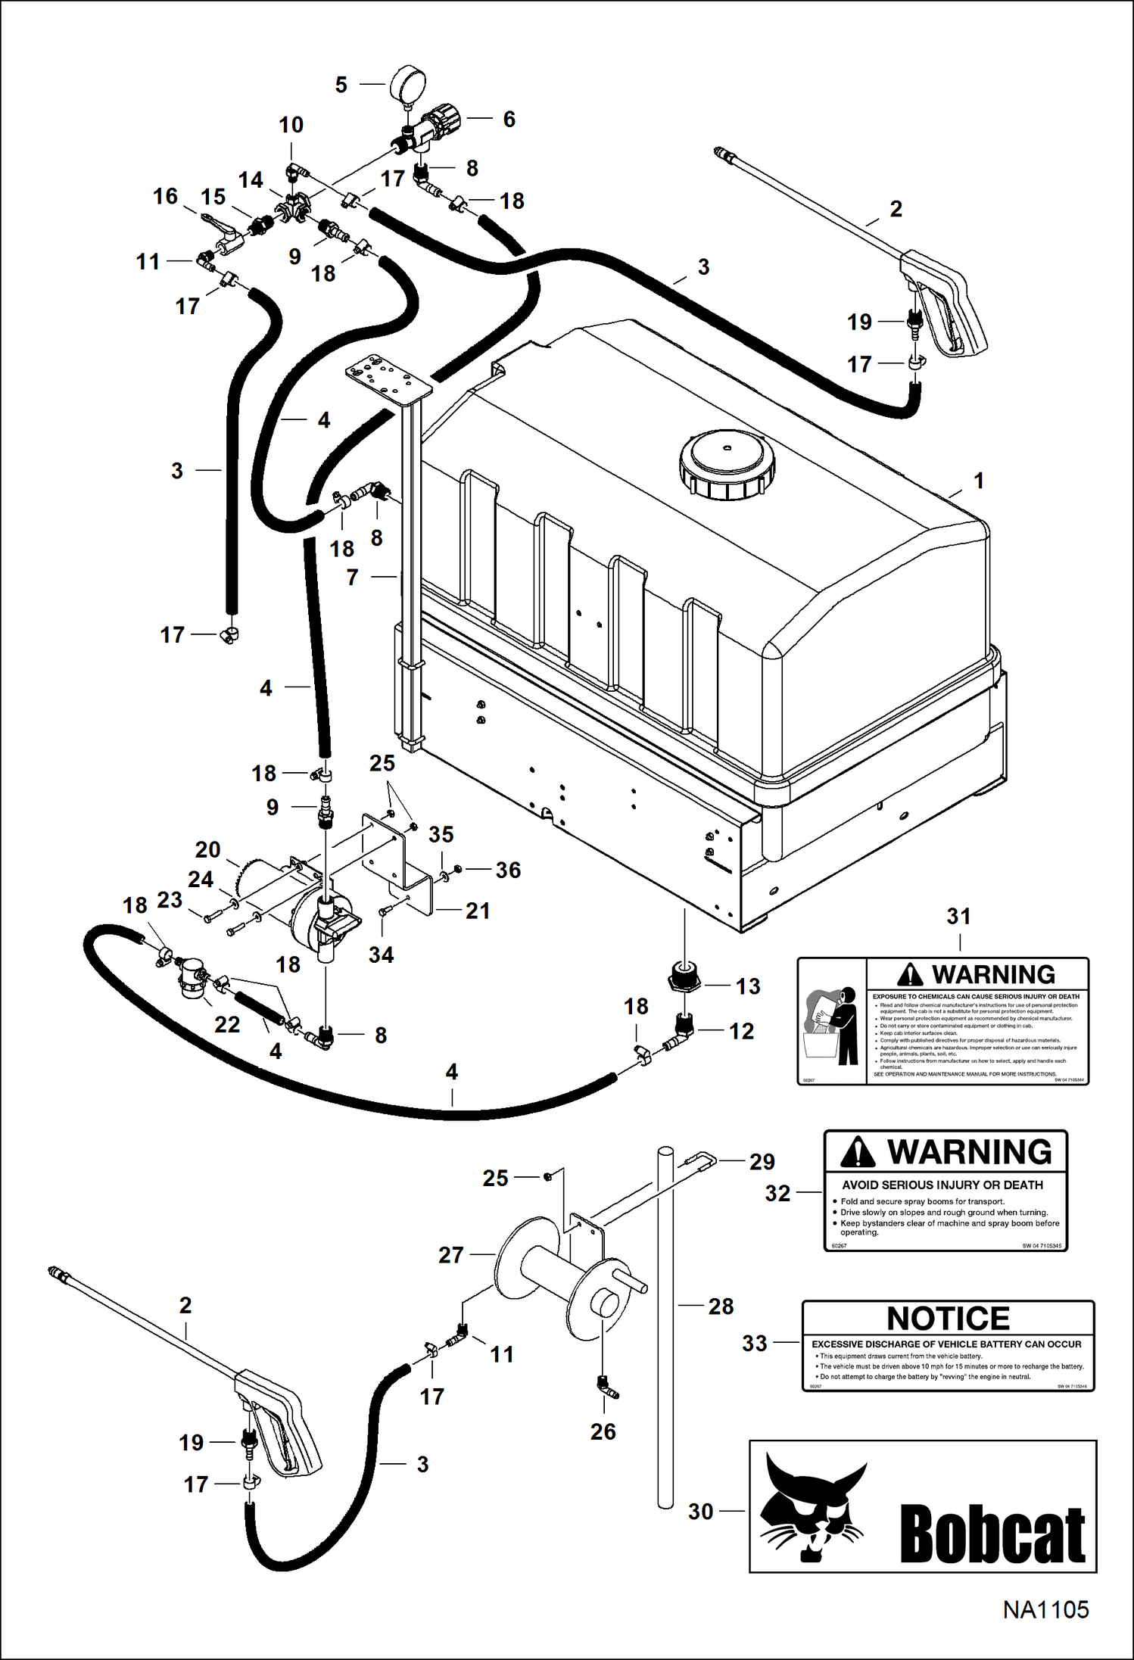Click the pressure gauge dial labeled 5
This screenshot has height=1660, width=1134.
coord(410,83)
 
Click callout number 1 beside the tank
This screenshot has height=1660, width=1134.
coord(978,481)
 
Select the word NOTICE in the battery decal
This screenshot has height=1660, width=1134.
coord(948,1319)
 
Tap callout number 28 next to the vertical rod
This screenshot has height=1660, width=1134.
coord(721,1306)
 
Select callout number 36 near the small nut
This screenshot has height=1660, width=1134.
coord(508,870)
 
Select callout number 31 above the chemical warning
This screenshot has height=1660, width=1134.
coord(958,916)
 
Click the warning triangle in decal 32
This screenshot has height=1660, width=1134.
coord(858,1152)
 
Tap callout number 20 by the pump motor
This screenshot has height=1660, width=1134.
coord(207,849)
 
